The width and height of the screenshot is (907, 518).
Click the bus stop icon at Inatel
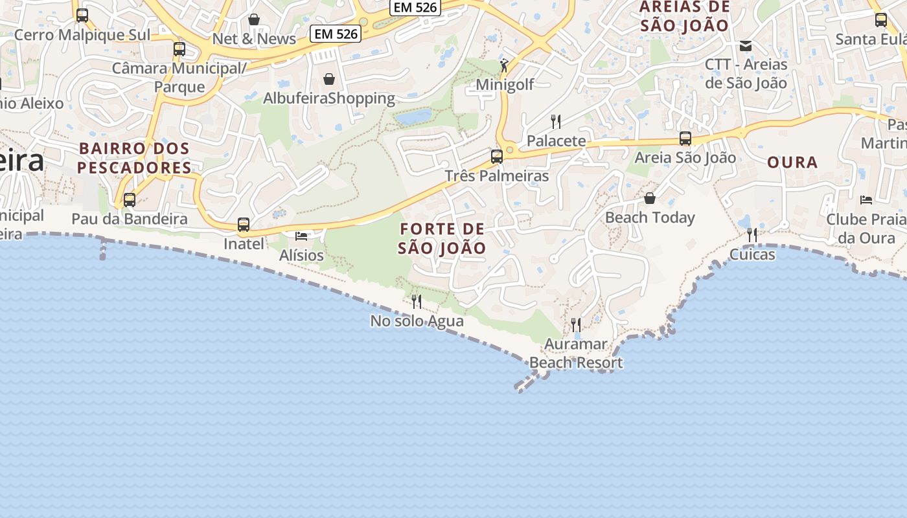(244, 225)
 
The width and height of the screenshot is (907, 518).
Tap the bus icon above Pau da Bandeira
(130, 199)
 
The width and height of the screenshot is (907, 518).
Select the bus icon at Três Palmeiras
(497, 156)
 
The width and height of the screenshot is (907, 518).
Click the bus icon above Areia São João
(685, 138)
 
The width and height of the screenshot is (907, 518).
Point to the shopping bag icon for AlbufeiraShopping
(329, 80)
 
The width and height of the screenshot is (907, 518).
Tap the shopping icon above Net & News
(254, 19)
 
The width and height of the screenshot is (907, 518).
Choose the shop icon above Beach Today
(650, 197)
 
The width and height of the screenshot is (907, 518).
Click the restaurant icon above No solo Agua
(417, 301)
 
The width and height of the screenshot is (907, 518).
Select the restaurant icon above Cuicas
(752, 234)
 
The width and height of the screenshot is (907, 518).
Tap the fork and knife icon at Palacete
(555, 121)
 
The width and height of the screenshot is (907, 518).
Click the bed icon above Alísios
(301, 236)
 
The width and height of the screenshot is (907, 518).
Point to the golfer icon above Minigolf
(505, 65)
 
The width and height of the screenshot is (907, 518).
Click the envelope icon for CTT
(746, 45)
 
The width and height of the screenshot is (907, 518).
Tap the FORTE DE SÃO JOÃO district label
(442, 238)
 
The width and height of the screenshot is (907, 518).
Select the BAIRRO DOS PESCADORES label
(134, 158)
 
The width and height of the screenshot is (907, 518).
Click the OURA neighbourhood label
(792, 163)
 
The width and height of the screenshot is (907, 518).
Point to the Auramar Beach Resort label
(576, 354)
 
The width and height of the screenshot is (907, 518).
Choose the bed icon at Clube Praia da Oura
(866, 199)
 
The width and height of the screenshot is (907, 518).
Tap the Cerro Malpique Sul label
(82, 35)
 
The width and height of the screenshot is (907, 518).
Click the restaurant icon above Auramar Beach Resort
(575, 324)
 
